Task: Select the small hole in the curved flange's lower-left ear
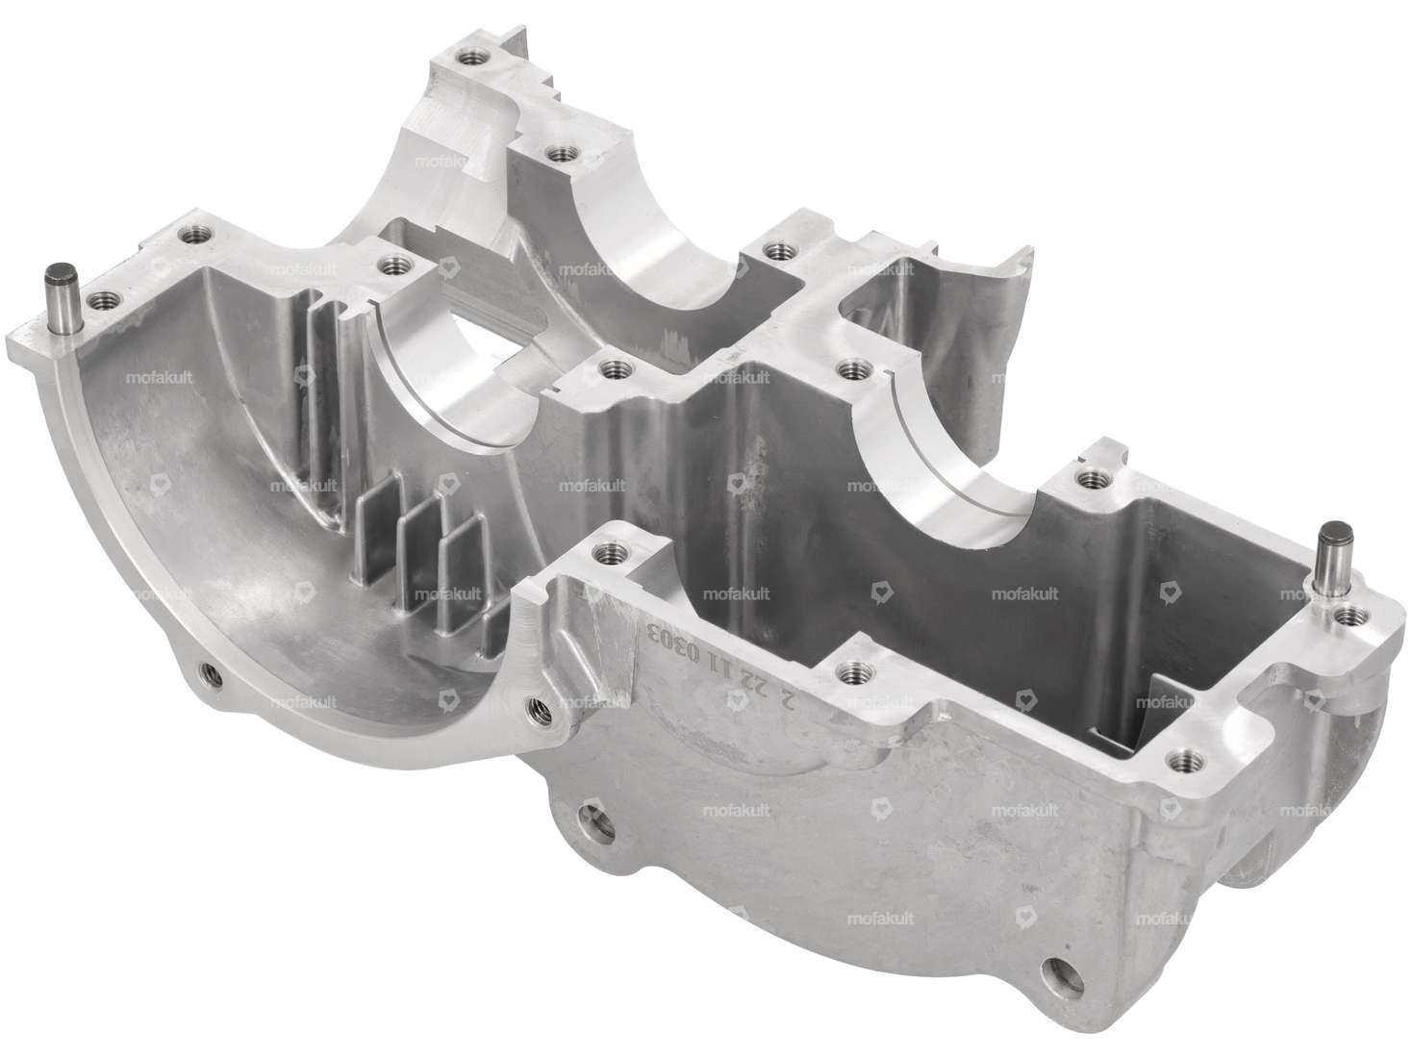pyautogui.click(x=206, y=669)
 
